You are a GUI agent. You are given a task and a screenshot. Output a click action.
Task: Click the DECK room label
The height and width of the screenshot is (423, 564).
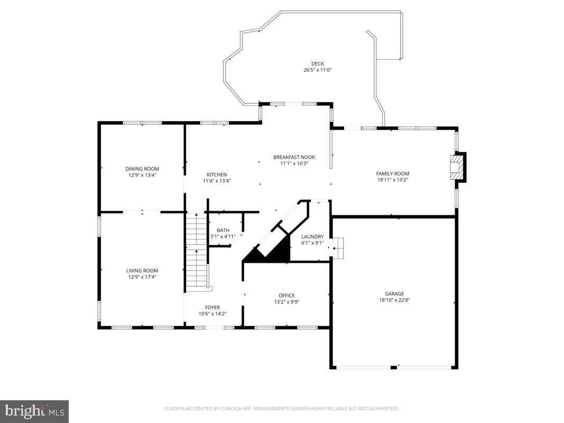pos(317,63)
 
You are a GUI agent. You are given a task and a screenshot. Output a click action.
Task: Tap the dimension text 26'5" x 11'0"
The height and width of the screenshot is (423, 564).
pos(317,70)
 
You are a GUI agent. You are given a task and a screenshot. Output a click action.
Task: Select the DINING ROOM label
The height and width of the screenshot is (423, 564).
pos(142,169)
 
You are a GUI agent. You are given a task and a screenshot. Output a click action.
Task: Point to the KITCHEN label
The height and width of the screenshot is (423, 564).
pos(217,174)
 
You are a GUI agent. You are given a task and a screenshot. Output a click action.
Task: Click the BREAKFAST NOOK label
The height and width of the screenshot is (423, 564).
pos(294,157)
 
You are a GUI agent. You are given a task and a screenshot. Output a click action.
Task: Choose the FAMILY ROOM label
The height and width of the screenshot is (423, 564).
pos(392,173)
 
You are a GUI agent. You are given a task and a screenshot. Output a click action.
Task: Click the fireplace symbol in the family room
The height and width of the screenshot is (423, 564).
pos(458,168)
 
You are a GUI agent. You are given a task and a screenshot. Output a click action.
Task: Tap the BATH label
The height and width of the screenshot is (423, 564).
pos(223,230)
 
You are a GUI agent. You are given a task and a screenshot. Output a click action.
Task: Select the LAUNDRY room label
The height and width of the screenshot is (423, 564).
pos(312,236)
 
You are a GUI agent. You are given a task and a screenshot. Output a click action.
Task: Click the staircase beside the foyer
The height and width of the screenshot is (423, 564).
pos(196,251)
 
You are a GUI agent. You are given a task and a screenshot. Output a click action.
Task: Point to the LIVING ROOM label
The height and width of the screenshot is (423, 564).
pos(142,271)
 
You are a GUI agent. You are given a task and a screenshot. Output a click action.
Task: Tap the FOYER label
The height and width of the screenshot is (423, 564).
pos(212,307)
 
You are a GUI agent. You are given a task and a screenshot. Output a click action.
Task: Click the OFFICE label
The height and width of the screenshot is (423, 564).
pos(286,296)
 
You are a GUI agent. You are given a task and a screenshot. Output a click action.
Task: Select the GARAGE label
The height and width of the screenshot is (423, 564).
pos(394,293)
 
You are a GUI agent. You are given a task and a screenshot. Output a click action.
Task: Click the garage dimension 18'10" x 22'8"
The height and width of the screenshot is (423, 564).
pos(394,300)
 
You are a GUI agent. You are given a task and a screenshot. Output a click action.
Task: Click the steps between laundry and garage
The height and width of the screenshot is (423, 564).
pos(337,248)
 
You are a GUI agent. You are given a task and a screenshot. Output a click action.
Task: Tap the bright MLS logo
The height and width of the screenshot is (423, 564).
pos(34,411)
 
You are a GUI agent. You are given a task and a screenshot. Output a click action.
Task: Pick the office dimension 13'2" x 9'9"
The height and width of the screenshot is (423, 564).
pos(286,302)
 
